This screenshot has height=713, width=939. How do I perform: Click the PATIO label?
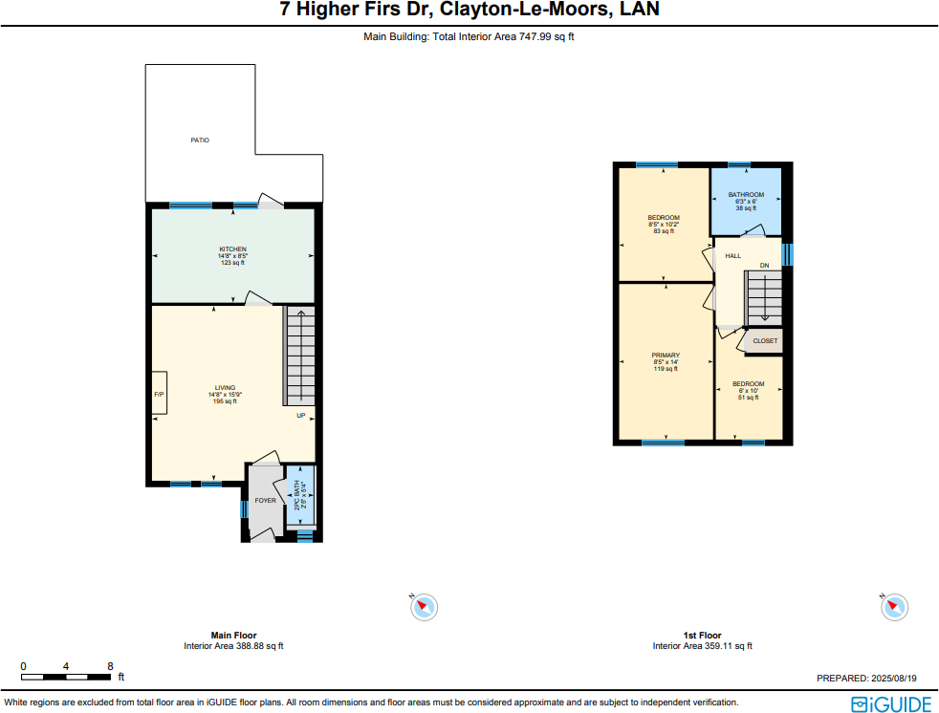click(x=199, y=140)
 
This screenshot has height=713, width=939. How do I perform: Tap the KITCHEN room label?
click(x=233, y=249)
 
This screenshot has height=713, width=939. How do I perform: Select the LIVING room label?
click(x=225, y=388)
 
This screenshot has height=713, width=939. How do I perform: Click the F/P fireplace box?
click(x=159, y=394)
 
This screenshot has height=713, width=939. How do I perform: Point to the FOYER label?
click(x=265, y=501)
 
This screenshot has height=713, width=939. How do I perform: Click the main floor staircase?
click(x=299, y=356)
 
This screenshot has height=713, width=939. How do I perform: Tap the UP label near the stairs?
click(x=300, y=416)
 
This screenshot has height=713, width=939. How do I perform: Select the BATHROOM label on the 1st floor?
click(x=746, y=195)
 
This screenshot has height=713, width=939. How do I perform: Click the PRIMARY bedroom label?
click(x=666, y=356)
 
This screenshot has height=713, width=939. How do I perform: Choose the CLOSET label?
click(x=765, y=341)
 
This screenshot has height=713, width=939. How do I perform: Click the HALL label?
click(x=732, y=256)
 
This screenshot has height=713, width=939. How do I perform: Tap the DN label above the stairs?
click(x=764, y=265)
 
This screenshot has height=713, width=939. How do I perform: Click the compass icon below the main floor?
click(x=424, y=605)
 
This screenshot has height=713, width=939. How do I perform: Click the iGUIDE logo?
click(x=890, y=704)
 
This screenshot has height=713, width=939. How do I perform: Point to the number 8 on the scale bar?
click(x=110, y=666)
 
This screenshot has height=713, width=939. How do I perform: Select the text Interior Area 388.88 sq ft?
click(x=233, y=646)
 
